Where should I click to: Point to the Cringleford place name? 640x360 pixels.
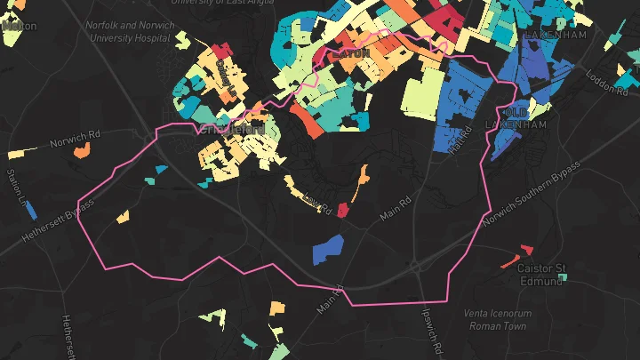[x=232, y=129]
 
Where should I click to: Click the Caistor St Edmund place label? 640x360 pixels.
[x=542, y=275]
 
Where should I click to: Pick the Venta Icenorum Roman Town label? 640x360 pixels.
[x=495, y=319]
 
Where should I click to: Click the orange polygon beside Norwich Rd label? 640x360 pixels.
[x=82, y=152]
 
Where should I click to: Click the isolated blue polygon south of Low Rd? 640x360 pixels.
[x=328, y=249]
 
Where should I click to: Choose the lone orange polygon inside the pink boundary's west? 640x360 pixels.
[x=122, y=216]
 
